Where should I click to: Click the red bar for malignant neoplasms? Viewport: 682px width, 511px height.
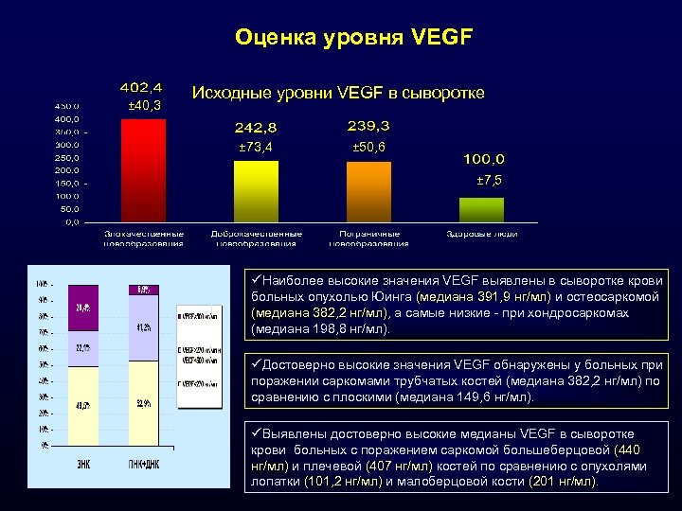[x=143, y=171]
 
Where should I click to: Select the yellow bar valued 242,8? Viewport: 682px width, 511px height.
[x=256, y=191]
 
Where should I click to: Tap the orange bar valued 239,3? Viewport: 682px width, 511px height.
[x=368, y=192]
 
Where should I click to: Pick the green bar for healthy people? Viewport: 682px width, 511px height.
[x=481, y=209]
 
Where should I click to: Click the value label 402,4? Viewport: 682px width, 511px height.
[x=139, y=87]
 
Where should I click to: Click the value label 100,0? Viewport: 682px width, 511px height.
[x=484, y=159]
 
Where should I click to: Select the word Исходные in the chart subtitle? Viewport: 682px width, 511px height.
[x=228, y=93]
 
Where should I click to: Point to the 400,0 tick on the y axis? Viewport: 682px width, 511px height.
[x=65, y=119]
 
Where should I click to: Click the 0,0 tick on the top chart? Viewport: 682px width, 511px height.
[x=71, y=222]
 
